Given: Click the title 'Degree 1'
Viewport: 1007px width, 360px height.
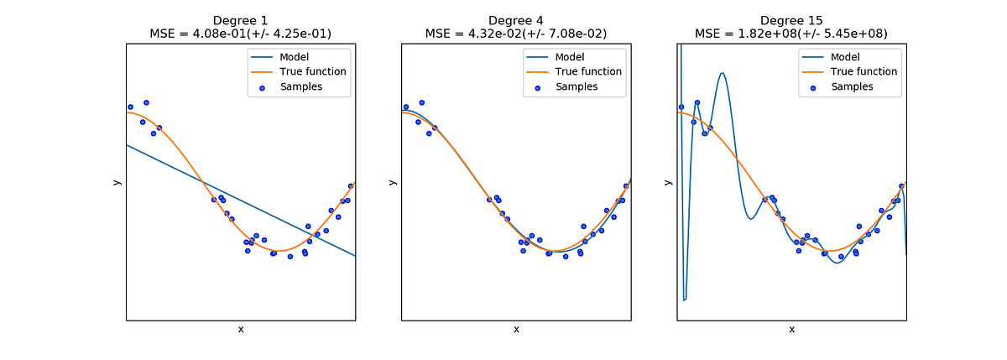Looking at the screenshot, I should pos(241,20).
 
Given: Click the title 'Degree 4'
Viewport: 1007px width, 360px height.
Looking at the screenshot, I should pos(515,20).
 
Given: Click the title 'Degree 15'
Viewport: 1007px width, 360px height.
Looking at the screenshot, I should pos(790,20).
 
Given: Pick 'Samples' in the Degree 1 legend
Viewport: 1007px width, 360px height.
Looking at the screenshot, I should pos(301,86).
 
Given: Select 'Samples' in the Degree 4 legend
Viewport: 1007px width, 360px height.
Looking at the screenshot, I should pos(577,86).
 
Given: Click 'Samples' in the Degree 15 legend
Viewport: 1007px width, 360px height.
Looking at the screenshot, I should pos(852,86).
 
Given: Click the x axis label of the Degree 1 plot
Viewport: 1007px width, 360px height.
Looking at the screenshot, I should pos(241,330).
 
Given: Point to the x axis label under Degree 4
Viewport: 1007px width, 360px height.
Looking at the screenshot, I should pos(516,330).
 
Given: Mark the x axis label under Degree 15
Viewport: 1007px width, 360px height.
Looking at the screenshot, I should pos(791,330).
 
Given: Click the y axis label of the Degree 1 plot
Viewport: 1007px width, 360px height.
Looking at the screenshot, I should pos(117,182).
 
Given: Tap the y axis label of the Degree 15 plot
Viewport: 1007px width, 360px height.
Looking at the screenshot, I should pos(667,182).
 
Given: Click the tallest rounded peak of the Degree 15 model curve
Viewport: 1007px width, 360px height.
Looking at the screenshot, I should pos(722,73).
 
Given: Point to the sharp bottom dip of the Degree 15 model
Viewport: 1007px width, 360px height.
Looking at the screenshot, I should pos(685,299).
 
